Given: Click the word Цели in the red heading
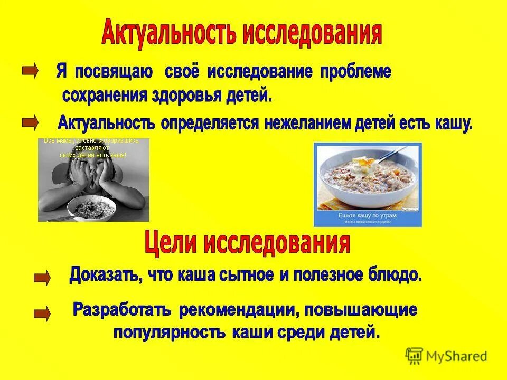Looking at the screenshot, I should point(171,244).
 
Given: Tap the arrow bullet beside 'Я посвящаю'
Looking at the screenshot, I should point(30,70).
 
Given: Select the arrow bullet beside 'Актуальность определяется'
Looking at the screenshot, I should point(30,123).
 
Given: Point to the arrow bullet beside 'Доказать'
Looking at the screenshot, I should point(42,277).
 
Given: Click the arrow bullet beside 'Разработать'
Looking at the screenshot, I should point(42,315).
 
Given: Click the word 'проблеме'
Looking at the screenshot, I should point(355,72).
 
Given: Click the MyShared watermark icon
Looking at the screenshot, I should point(415,356).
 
